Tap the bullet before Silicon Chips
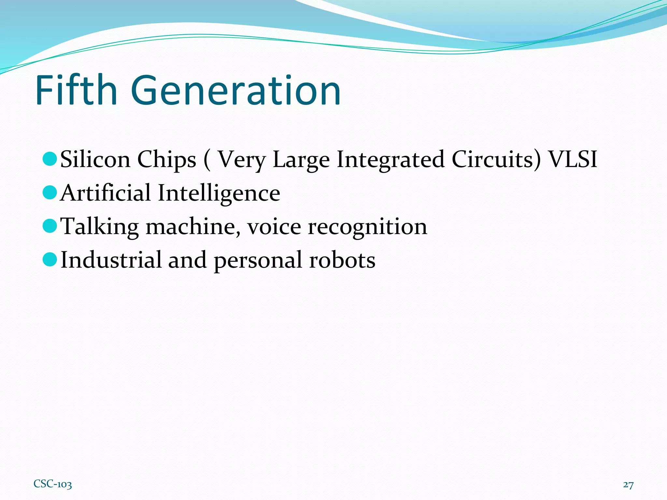pyautogui.click(x=50, y=159)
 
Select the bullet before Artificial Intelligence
pyautogui.click(x=50, y=192)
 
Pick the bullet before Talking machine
pyautogui.click(x=50, y=226)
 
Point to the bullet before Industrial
pyautogui.click(x=50, y=259)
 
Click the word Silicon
pyautogui.click(x=95, y=160)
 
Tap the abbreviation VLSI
pyautogui.click(x=573, y=160)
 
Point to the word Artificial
pyautogui.click(x=106, y=193)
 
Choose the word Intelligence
pyautogui.click(x=219, y=193)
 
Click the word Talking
pyautogui.click(x=100, y=227)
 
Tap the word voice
pyautogui.click(x=274, y=227)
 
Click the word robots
pyautogui.click(x=342, y=260)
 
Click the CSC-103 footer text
pyautogui.click(x=53, y=484)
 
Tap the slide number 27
pyautogui.click(x=628, y=485)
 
